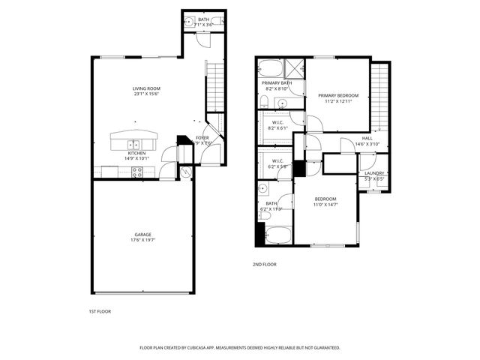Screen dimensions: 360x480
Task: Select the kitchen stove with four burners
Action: coord(137,171)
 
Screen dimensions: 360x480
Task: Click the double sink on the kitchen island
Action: coord(133,143)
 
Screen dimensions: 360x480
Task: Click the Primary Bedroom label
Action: coord(338,95)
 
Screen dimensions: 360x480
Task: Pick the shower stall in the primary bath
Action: coord(294,68)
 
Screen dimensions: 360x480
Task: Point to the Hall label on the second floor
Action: coord(367,139)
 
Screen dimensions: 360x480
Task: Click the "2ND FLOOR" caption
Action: coord(265,265)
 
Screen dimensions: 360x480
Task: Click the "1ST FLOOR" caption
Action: coord(100,310)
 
